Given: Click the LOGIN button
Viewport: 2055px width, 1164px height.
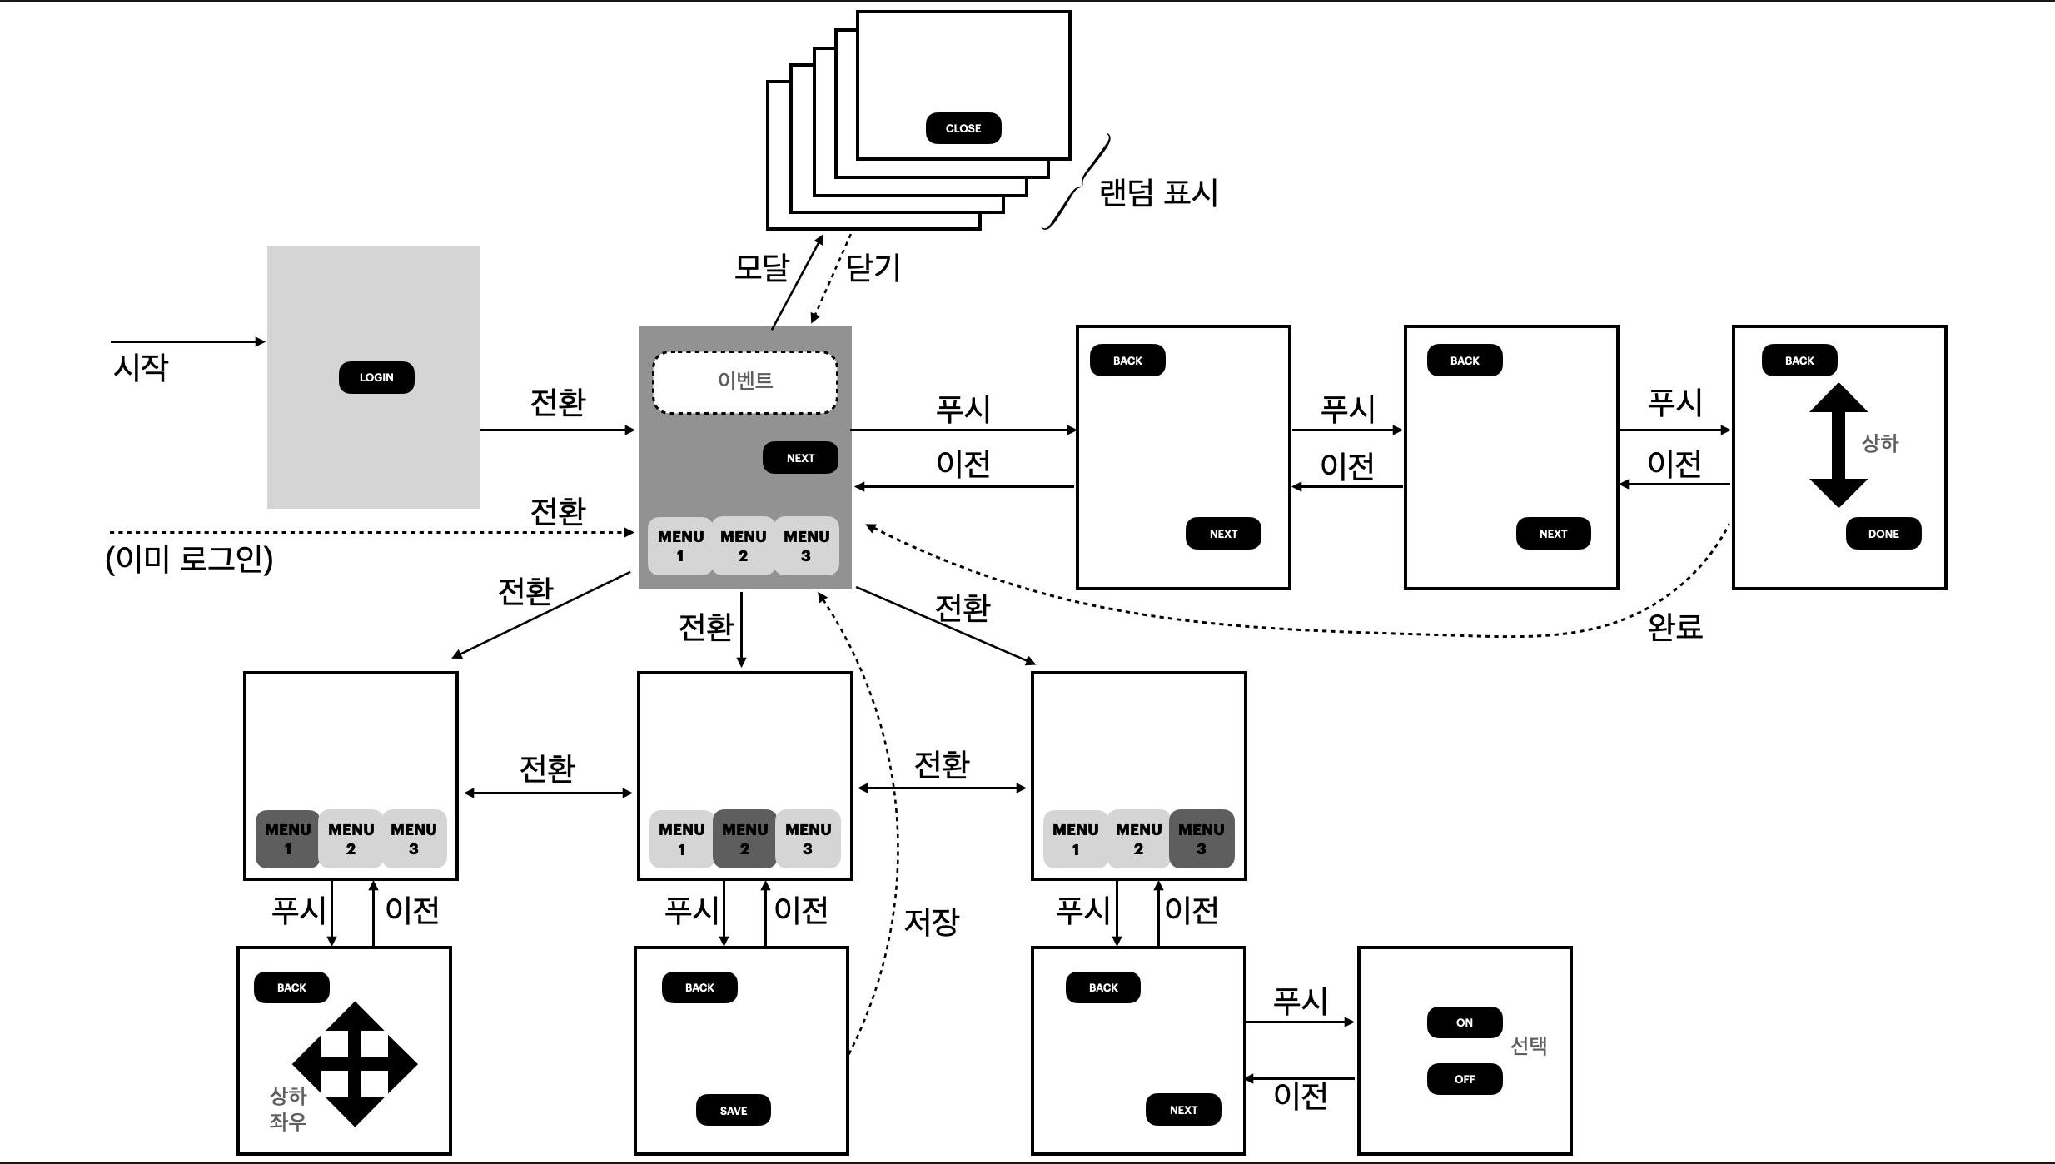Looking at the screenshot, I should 376,377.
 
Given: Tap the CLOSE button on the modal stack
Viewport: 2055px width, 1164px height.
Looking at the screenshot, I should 963,128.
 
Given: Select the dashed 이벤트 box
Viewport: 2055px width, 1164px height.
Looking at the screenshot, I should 745,382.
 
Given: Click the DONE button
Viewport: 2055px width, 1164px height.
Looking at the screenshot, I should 1883,534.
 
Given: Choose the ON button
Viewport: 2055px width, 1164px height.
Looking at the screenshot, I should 1465,1022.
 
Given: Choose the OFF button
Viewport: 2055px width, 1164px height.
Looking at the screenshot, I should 1465,1079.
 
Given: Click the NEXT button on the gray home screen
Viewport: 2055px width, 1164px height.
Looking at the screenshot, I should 800,458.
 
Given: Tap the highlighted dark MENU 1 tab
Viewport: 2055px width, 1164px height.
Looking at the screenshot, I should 287,839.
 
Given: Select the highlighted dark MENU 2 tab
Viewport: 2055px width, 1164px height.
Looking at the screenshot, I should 744,839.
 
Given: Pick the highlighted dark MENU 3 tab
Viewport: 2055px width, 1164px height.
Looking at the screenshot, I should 1202,839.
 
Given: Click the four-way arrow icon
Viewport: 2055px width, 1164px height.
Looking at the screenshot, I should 356,1063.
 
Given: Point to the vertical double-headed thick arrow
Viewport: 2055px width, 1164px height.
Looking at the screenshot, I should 1839,445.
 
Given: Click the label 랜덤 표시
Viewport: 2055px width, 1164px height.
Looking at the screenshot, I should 1158,193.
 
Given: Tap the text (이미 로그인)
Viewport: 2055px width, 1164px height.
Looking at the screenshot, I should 189,559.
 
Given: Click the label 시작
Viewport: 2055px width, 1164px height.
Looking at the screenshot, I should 141,367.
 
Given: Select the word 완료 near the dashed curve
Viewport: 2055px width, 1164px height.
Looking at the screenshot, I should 1675,626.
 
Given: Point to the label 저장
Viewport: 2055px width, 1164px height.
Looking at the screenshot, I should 932,921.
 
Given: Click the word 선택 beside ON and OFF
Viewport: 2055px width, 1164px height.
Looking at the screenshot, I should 1529,1046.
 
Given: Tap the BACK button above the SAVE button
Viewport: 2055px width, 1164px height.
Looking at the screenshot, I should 699,987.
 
